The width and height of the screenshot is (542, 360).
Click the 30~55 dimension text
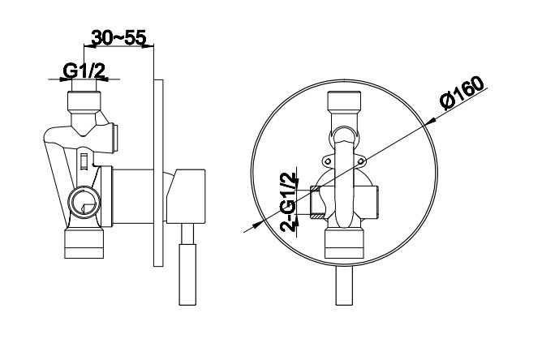pos(118,37)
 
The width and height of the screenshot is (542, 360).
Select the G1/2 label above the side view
pos(84,71)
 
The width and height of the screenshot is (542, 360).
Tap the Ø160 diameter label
pos(462,92)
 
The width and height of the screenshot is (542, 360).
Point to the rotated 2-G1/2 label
pos(289,202)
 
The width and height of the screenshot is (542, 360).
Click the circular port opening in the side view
pos(84,202)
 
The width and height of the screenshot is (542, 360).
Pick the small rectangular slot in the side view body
pos(84,161)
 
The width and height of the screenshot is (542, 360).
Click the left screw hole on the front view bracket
pos(328,161)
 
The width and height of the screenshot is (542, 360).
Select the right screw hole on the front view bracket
pos(360,161)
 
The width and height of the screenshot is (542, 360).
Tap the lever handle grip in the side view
pos(187,275)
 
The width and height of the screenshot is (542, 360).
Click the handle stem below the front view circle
pos(344,286)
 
